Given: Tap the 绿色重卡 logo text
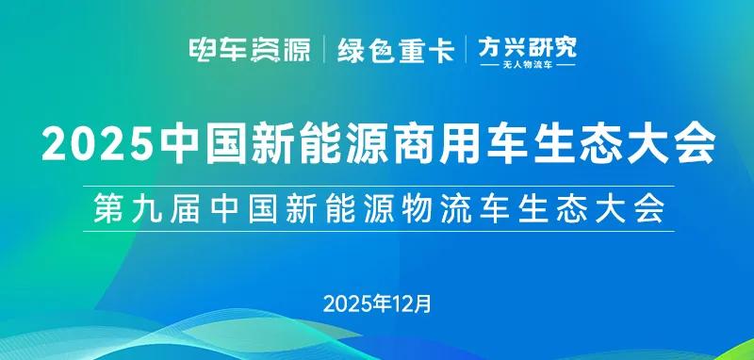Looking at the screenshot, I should click(x=396, y=49).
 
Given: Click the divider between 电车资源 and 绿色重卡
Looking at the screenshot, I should click(x=325, y=49).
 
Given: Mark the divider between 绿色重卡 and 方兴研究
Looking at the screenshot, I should click(x=466, y=49).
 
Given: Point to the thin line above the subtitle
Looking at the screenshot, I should click(x=377, y=186).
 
